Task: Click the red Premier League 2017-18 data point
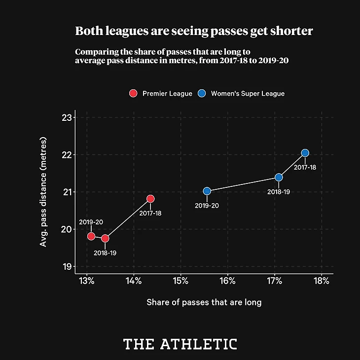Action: coord(150,199)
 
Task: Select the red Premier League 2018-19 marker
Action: coord(105,238)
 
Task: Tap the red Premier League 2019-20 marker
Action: coord(91,236)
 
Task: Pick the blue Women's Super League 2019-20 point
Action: coord(207,191)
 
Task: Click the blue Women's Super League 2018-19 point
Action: coord(279,177)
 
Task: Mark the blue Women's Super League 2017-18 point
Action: coord(305,153)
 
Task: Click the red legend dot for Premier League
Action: coord(133,93)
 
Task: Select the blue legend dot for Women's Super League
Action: coord(201,93)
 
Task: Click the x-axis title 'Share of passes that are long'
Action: coord(204,302)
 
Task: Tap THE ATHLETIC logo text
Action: coord(180,344)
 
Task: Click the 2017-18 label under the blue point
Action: coord(305,168)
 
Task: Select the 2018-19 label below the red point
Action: coord(105,253)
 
